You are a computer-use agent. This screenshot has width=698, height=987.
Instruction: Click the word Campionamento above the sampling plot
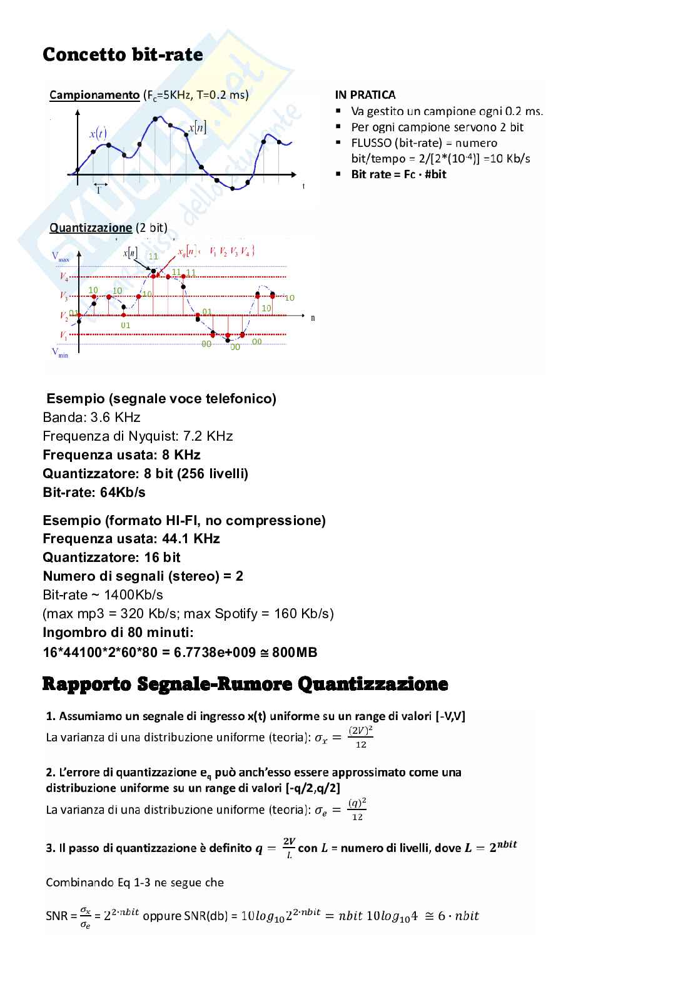tap(94, 95)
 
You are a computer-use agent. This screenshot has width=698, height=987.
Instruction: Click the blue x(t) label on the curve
tap(98, 133)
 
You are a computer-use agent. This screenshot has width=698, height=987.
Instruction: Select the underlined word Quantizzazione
tap(91, 228)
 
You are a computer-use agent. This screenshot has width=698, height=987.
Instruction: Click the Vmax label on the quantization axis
tap(61, 256)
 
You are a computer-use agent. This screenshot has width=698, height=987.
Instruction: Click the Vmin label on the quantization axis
tap(60, 353)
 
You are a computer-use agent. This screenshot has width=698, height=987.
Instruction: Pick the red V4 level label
tap(64, 276)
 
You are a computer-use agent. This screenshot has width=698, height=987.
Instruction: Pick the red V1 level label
tap(64, 336)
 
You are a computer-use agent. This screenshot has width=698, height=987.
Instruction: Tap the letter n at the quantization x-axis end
tap(313, 318)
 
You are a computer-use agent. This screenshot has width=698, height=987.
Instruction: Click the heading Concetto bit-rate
tap(123, 55)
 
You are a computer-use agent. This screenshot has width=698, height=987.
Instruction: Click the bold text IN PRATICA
tap(365, 95)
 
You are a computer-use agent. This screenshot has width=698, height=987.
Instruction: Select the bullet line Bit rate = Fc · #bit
tap(398, 174)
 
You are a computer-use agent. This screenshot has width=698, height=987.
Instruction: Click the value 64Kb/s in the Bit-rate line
tap(123, 493)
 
